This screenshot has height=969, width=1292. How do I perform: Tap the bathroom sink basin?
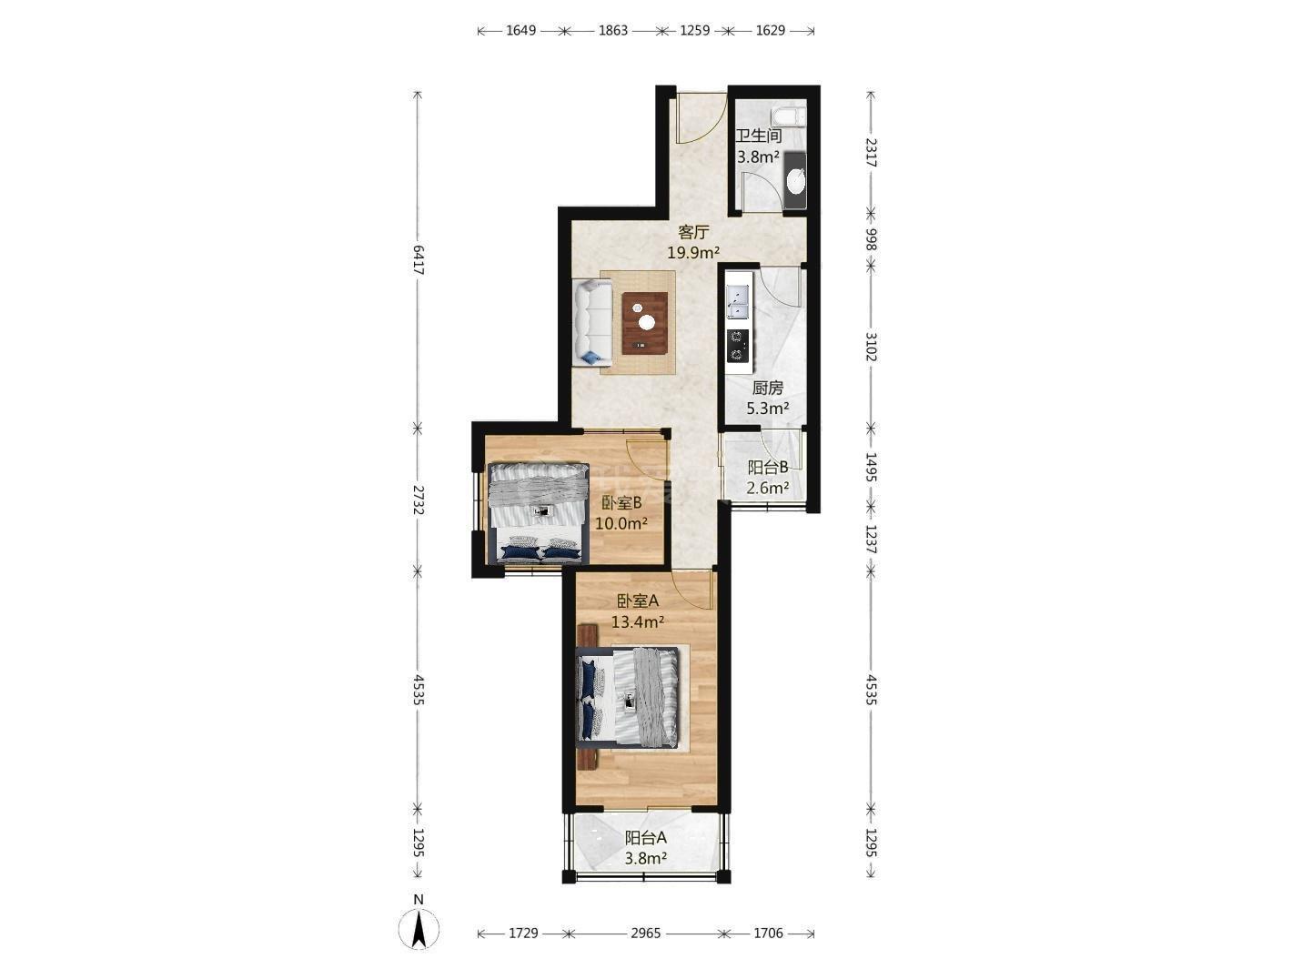pyautogui.click(x=796, y=180)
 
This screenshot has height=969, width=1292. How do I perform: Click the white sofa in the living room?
pyautogui.click(x=592, y=322)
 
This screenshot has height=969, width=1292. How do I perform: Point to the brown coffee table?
pyautogui.click(x=644, y=323)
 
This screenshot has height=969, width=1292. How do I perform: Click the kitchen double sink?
pyautogui.click(x=738, y=301)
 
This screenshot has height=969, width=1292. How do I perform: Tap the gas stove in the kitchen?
pyautogui.click(x=738, y=345)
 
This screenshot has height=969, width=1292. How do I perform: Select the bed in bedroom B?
pyautogui.click(x=538, y=511)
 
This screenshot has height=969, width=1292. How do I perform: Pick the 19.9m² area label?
pyautogui.click(x=693, y=253)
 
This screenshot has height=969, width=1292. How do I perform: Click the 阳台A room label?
pyautogui.click(x=645, y=837)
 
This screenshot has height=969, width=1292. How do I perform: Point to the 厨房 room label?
pyautogui.click(x=768, y=388)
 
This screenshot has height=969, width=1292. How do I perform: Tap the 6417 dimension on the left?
pyautogui.click(x=418, y=259)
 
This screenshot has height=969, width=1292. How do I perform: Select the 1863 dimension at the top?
pyautogui.click(x=612, y=31)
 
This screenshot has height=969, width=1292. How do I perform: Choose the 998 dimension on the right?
pyautogui.click(x=872, y=239)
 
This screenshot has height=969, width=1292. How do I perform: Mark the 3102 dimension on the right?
pyautogui.click(x=872, y=347)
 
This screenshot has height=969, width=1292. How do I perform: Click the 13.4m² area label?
pyautogui.click(x=638, y=621)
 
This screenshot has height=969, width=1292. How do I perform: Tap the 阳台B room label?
pyautogui.click(x=768, y=467)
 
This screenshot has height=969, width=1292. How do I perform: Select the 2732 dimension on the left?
pyautogui.click(x=418, y=500)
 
